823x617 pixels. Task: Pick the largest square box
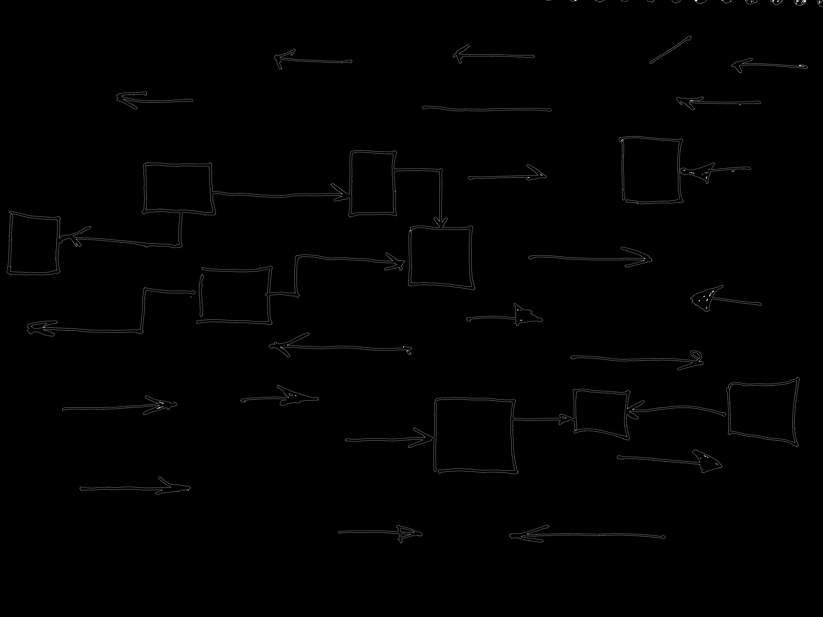pyautogui.click(x=475, y=436)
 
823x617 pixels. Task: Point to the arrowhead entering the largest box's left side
pyautogui.click(x=424, y=438)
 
